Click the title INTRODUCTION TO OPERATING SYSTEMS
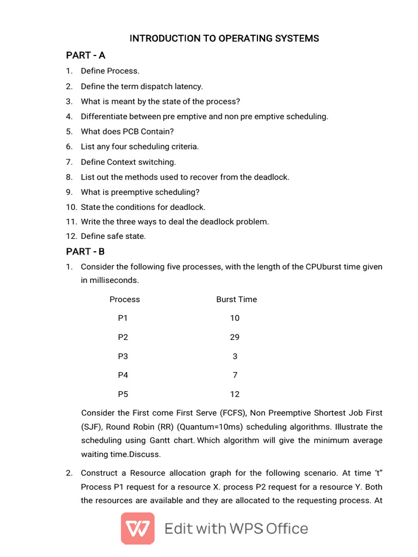(224, 39)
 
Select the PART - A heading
(85, 55)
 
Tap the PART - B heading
(85, 251)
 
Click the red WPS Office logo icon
(137, 528)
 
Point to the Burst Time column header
(236, 299)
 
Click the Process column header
(125, 299)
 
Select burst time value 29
(235, 337)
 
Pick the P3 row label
(123, 356)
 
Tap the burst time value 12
(235, 394)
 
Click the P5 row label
(123, 394)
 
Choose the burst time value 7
(235, 375)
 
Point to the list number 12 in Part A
(71, 236)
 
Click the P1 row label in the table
(123, 318)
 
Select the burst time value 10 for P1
(235, 318)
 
